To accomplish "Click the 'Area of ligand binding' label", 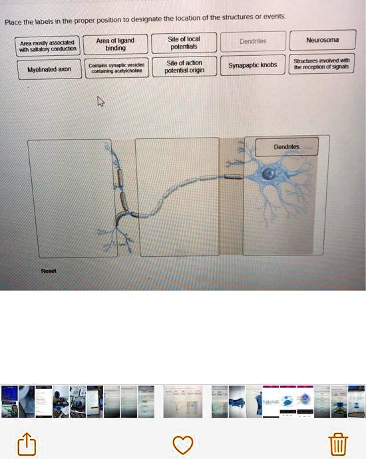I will (x=115, y=45).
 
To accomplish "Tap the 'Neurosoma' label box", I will (x=322, y=41).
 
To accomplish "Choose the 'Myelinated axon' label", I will (x=49, y=69).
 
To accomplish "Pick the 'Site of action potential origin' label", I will (x=183, y=67).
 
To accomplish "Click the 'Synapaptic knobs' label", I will (x=252, y=66).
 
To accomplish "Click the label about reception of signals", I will (x=322, y=65).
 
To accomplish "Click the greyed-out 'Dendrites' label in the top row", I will (x=252, y=41).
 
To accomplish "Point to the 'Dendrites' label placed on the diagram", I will (x=286, y=146).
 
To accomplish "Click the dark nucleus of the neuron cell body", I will (x=269, y=174).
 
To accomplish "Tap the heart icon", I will (x=182, y=444).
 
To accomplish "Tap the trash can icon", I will (x=338, y=444).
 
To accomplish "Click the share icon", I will (x=26, y=444).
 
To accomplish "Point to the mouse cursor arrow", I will (x=100, y=101).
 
